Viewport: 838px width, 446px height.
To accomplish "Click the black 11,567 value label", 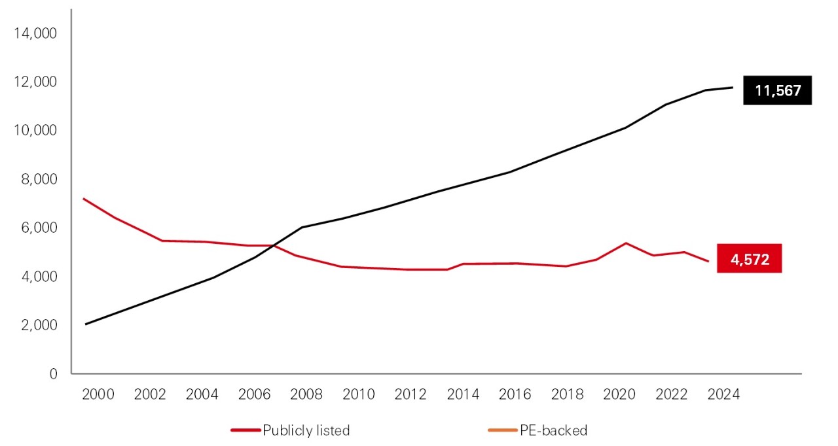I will pyautogui.click(x=778, y=91).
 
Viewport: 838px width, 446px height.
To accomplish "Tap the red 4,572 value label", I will pyautogui.click(x=750, y=260).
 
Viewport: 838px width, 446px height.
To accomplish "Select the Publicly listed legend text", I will pyautogui.click(x=306, y=430).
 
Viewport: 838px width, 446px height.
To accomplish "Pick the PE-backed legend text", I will pyautogui.click(x=553, y=430).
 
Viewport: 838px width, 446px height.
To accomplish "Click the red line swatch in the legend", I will pyautogui.click(x=246, y=430).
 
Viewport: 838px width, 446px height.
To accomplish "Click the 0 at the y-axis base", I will pyautogui.click(x=53, y=373).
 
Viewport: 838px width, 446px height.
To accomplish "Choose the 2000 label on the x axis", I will pyautogui.click(x=98, y=394).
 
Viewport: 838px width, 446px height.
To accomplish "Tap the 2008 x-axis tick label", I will pyautogui.click(x=306, y=394).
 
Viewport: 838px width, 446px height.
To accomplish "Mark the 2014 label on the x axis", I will pyautogui.click(x=463, y=394).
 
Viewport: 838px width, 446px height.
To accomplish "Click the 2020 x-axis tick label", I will pyautogui.click(x=619, y=394).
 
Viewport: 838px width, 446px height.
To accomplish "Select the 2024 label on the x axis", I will pyautogui.click(x=723, y=394).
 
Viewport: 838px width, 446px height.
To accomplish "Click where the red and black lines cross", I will pyautogui.click(x=272, y=246).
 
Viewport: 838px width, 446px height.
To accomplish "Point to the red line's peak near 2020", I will pyautogui.click(x=627, y=243).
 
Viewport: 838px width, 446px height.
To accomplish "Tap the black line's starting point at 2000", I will pyautogui.click(x=85, y=324).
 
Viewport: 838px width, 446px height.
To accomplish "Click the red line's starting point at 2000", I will pyautogui.click(x=84, y=198).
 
